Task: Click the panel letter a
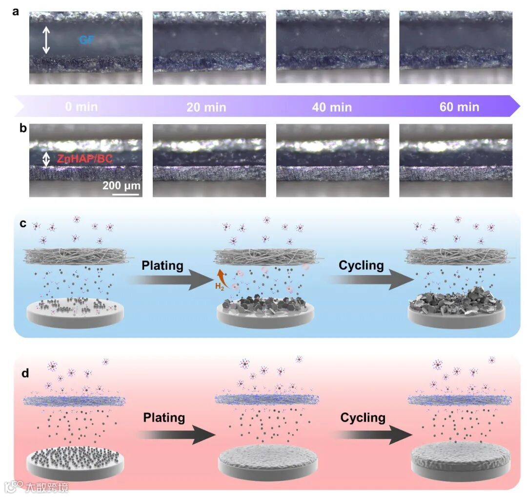pyautogui.click(x=16, y=13)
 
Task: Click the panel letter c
pyautogui.click(x=22, y=223)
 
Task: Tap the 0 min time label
pyautogui.click(x=81, y=106)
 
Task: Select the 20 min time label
pyautogui.click(x=206, y=107)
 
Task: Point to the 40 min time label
pyautogui.click(x=332, y=107)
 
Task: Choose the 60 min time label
pyautogui.click(x=459, y=107)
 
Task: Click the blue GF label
pyautogui.click(x=87, y=40)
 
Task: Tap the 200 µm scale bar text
pyautogui.click(x=122, y=186)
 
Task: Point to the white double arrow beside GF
pyautogui.click(x=46, y=40)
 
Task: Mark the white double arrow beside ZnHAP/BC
pyautogui.click(x=46, y=159)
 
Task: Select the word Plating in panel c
pyautogui.click(x=162, y=266)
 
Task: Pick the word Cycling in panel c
pyautogui.click(x=361, y=266)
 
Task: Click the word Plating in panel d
pyautogui.click(x=164, y=418)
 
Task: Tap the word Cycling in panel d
pyautogui.click(x=363, y=418)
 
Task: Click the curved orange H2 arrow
pyautogui.click(x=222, y=273)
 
